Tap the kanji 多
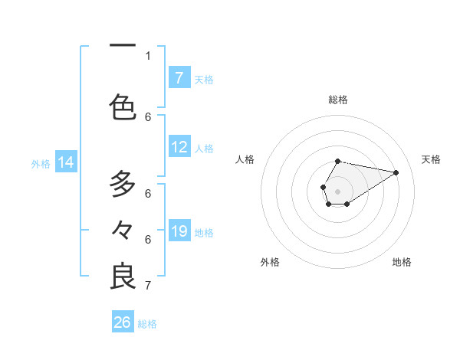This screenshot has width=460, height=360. click(x=123, y=185)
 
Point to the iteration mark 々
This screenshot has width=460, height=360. click(x=123, y=230)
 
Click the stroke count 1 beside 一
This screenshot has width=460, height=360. click(x=148, y=55)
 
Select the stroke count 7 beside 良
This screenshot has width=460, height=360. click(x=148, y=286)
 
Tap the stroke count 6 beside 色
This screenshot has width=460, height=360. click(x=148, y=116)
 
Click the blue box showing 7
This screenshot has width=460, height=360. click(x=179, y=77)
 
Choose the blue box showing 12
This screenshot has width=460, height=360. click(x=179, y=147)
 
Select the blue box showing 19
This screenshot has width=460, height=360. click(x=179, y=231)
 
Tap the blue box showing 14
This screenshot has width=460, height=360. click(x=65, y=162)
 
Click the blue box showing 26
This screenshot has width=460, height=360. click(x=122, y=322)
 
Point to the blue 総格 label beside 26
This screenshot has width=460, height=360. click(x=147, y=324)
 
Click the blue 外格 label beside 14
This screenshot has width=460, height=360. click(x=41, y=164)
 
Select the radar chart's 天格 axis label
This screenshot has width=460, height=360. click(x=431, y=159)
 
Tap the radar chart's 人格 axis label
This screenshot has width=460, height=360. click(x=245, y=159)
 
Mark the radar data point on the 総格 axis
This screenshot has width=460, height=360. click(x=338, y=162)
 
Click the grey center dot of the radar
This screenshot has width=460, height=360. click(x=338, y=190)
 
